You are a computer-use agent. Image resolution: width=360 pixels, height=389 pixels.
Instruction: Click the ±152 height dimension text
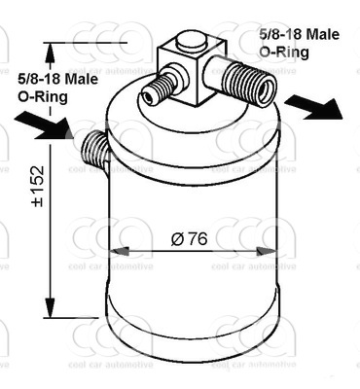click(37, 186)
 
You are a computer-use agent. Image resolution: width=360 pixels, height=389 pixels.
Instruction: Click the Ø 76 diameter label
click(189, 239)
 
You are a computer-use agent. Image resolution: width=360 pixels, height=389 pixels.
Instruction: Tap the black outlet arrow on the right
click(313, 108)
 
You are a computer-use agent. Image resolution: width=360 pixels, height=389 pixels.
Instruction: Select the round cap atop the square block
click(192, 41)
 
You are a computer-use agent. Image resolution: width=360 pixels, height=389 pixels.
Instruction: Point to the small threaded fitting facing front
click(160, 87)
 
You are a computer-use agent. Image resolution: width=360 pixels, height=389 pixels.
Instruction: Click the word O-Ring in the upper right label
click(284, 53)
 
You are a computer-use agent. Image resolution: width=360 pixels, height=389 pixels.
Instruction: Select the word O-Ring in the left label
click(43, 97)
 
